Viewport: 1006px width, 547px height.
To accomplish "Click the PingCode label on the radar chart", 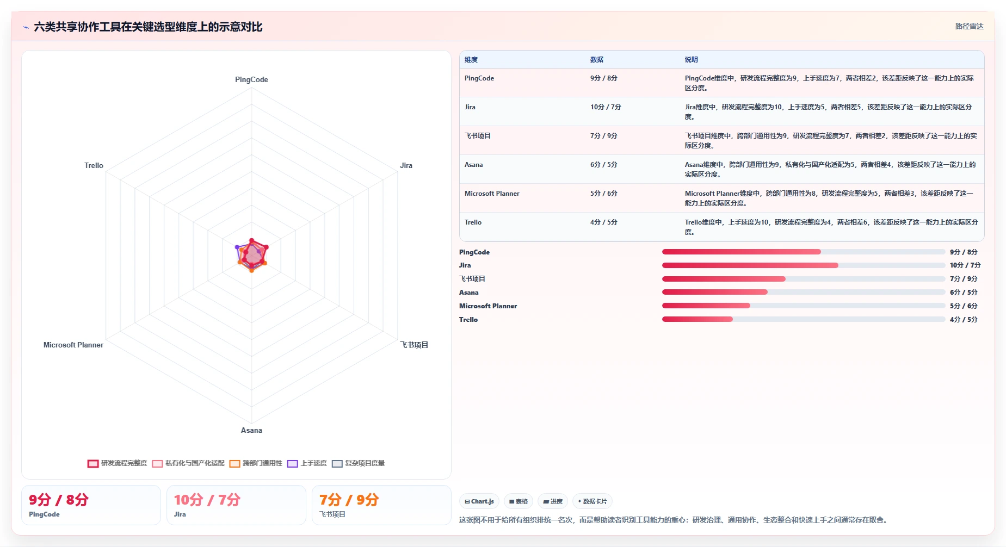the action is [251, 79].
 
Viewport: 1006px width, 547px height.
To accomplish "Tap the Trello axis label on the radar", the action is [94, 165].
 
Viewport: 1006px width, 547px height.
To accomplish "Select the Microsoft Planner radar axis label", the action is [73, 345].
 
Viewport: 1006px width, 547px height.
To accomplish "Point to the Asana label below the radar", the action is [251, 430].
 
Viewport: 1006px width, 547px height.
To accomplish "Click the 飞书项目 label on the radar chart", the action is [414, 345].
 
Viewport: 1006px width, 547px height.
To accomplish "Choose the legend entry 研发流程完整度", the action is [118, 463].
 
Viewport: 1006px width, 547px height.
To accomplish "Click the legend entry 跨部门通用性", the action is [256, 463].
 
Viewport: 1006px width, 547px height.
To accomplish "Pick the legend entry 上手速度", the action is [307, 463].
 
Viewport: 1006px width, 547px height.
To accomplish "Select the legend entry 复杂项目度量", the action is [358, 463].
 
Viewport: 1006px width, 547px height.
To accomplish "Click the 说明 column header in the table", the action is [691, 60].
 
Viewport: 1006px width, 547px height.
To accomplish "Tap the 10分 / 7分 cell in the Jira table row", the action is [606, 107].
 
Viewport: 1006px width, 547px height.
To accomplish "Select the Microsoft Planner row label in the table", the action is [492, 194].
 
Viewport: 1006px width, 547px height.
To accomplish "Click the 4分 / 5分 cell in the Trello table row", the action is [604, 222].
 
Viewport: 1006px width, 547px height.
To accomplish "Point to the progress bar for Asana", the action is [803, 293].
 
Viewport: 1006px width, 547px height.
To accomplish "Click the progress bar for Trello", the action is [803, 320].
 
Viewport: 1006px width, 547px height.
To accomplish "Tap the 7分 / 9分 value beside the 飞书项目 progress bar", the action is [964, 279].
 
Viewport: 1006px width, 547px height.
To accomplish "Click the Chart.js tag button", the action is [479, 501].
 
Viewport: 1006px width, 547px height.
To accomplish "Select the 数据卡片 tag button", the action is [592, 501].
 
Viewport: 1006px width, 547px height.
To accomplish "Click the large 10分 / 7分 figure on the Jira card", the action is [207, 500].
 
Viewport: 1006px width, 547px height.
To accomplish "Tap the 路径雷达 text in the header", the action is [970, 26].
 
